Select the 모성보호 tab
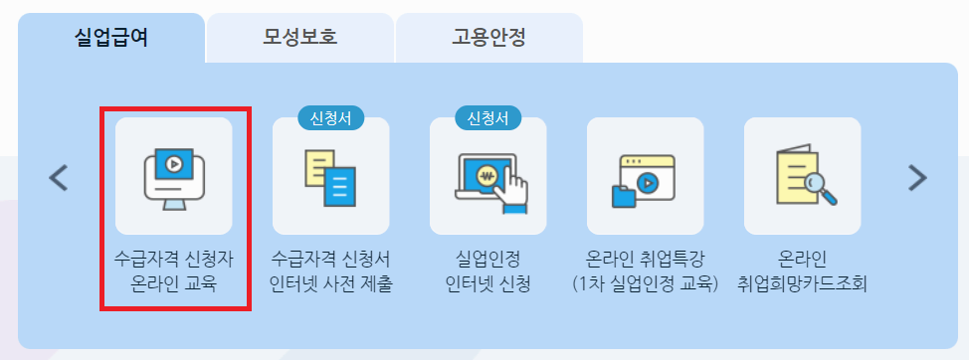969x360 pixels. pyautogui.click(x=300, y=39)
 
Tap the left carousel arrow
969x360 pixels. pyautogui.click(x=59, y=178)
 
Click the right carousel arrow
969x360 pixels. pyautogui.click(x=916, y=178)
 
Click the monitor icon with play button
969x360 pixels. pyautogui.click(x=174, y=175)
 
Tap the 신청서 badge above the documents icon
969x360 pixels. pyautogui.click(x=331, y=118)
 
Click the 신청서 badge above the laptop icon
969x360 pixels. pyautogui.click(x=488, y=118)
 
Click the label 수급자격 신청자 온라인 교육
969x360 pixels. pyautogui.click(x=175, y=271)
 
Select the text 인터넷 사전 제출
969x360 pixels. pyautogui.click(x=331, y=284)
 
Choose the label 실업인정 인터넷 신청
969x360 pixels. pyautogui.click(x=488, y=271)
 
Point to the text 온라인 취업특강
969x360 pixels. pyautogui.click(x=646, y=259)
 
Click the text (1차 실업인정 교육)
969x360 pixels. pyautogui.click(x=646, y=284)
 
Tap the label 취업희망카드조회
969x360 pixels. pyautogui.click(x=802, y=284)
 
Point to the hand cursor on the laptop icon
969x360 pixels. pyautogui.click(x=513, y=188)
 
